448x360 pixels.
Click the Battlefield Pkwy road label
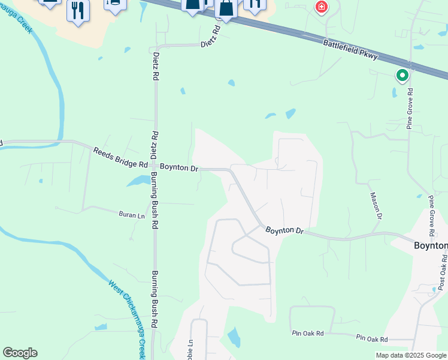pyautogui.click(x=350, y=50)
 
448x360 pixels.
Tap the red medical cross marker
pyautogui.click(x=322, y=7)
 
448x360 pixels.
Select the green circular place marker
pyautogui.click(x=402, y=76)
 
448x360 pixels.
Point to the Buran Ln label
pyautogui.click(x=132, y=215)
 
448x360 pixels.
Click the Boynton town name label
pyautogui.click(x=431, y=245)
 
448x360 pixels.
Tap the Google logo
pyautogui.click(x=20, y=353)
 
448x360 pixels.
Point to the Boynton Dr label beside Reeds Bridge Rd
pyautogui.click(x=178, y=169)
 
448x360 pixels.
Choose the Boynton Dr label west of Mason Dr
pyautogui.click(x=285, y=230)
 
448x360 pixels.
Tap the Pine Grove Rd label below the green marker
pyautogui.click(x=410, y=109)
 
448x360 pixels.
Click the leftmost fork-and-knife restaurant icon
pyautogui.click(x=78, y=11)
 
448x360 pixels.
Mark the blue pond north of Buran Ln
pyautogui.click(x=138, y=180)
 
